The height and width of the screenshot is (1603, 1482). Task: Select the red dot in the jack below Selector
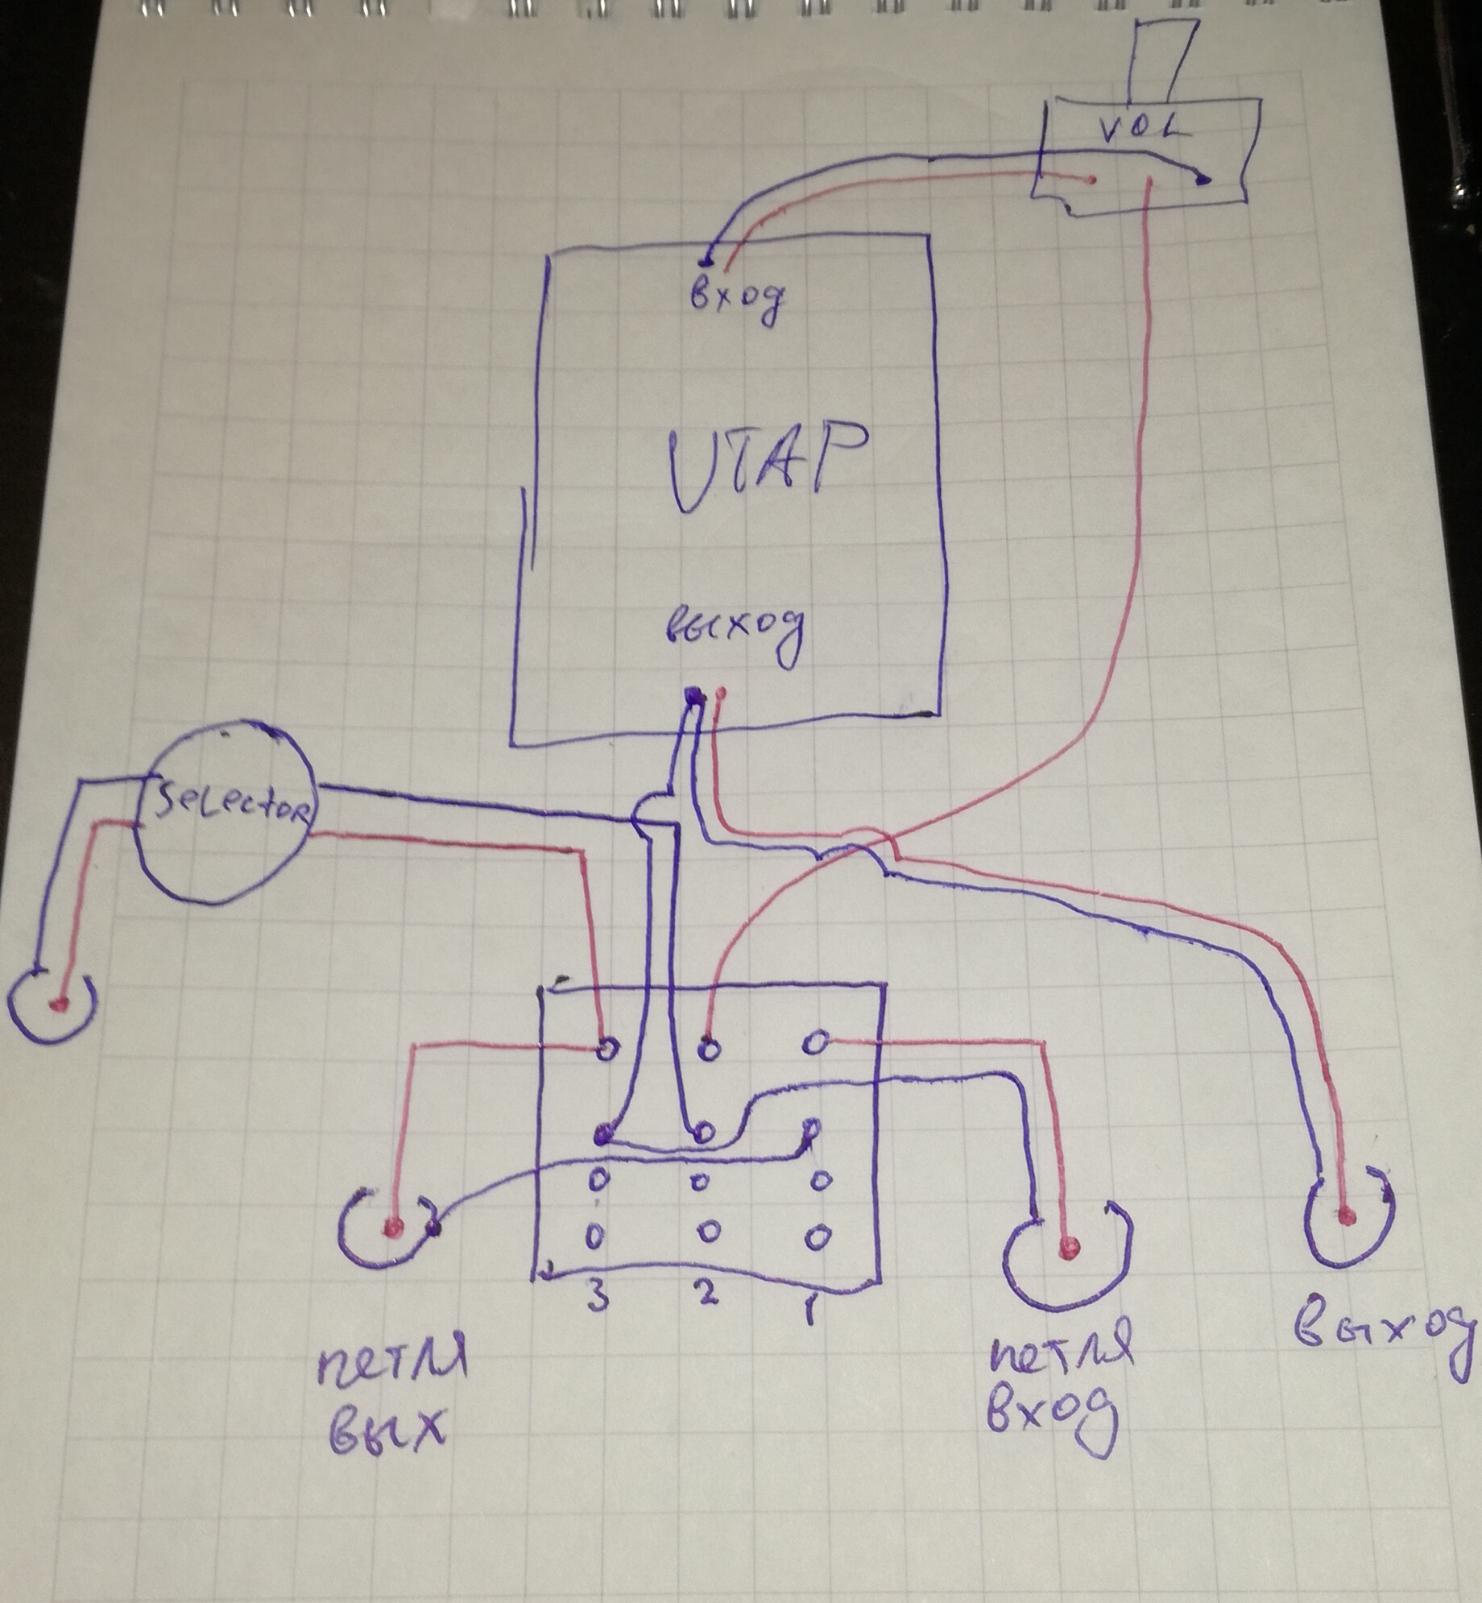57,1004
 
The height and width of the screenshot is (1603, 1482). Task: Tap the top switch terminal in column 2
709,1049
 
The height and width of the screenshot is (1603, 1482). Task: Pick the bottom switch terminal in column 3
594,1236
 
